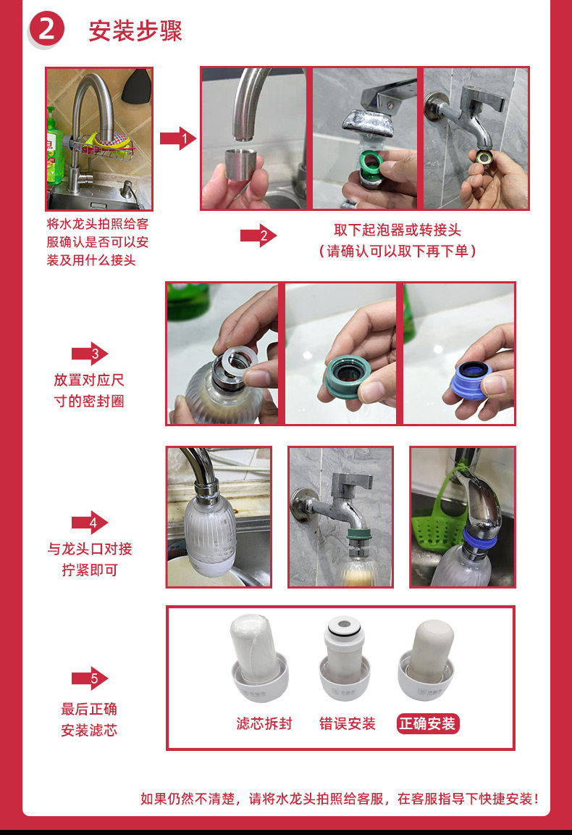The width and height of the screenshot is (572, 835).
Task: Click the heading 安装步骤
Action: (x=135, y=31)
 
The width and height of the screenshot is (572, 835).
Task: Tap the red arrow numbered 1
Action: (x=178, y=138)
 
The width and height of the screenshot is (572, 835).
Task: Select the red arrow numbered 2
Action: (x=258, y=236)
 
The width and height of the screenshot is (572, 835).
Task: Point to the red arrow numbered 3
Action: (x=90, y=354)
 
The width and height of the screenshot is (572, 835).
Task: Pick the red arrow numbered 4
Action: (x=90, y=523)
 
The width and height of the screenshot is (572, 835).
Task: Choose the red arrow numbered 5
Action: (x=90, y=678)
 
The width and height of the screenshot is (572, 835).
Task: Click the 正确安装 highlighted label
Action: (x=428, y=723)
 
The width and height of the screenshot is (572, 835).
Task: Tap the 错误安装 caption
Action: (x=347, y=723)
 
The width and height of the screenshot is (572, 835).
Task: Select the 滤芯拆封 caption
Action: (x=264, y=723)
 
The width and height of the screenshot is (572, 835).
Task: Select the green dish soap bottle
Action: (x=54, y=146)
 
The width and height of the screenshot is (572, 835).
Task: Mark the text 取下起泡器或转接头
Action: (x=398, y=230)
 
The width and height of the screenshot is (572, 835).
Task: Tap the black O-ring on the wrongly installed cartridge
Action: (x=344, y=629)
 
